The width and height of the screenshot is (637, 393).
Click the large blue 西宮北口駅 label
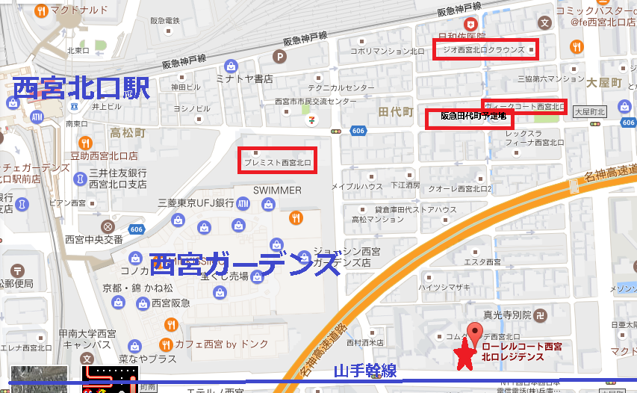pos(81,89)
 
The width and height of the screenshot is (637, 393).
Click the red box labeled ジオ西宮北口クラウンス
pos(485,50)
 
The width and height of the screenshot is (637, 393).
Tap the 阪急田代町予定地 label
pos(473,117)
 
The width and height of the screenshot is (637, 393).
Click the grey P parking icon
pos(280,56)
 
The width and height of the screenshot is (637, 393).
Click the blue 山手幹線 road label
pos(364,372)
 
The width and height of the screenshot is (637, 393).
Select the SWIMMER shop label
pos(277,191)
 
